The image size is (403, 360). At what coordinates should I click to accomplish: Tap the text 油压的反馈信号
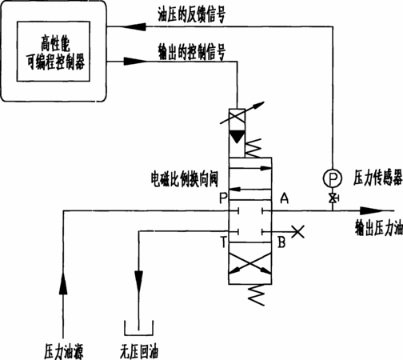(192, 14)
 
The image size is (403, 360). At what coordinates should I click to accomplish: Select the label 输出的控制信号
(192, 52)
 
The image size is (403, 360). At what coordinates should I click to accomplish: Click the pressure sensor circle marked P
(333, 178)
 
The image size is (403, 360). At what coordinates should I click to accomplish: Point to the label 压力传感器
(377, 178)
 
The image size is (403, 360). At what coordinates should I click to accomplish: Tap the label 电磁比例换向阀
(185, 179)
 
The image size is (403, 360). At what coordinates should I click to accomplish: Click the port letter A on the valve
(285, 198)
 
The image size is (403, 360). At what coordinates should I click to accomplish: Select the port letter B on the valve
(281, 242)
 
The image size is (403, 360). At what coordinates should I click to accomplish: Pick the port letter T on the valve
(223, 242)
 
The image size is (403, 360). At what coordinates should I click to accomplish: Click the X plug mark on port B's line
(297, 231)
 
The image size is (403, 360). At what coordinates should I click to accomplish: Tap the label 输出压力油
(378, 228)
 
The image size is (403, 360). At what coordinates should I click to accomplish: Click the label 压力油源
(64, 351)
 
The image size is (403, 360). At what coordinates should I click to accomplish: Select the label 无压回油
(139, 351)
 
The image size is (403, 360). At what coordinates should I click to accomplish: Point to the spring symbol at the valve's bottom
(256, 294)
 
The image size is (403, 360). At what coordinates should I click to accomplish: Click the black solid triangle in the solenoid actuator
(237, 137)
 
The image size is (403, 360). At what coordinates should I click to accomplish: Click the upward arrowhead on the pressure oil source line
(63, 283)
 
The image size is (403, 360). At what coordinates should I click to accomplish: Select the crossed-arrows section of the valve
(250, 263)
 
